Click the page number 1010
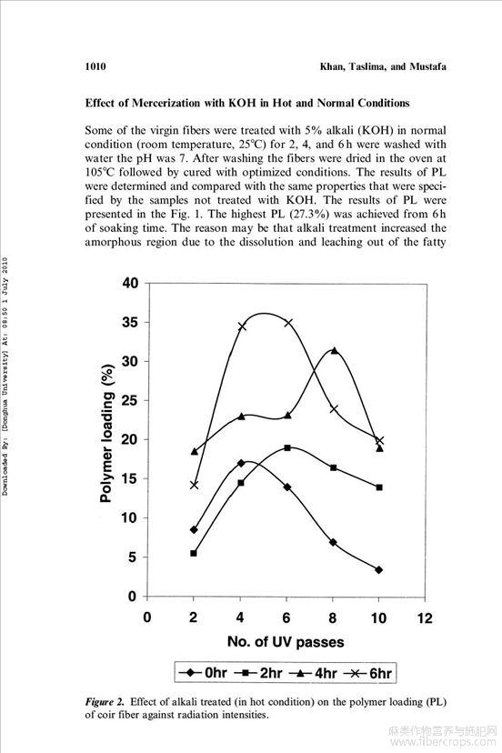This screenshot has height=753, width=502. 95,66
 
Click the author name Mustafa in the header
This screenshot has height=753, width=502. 427,66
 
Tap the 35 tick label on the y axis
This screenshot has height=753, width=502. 129,322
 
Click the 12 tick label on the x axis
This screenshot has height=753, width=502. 425,617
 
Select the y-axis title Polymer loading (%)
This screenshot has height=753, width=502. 107,433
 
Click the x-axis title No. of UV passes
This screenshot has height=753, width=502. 286,642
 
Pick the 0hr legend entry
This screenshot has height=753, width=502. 203,673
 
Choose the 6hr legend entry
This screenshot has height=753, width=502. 366,673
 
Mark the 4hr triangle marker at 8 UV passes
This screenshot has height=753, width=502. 334,350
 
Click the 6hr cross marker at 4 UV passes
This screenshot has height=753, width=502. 241,326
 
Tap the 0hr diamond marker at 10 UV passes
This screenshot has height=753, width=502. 379,569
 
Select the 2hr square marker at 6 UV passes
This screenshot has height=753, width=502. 287,447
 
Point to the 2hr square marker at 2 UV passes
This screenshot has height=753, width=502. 194,553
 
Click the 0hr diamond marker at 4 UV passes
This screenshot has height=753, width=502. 241,463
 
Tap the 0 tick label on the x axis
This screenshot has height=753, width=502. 147,617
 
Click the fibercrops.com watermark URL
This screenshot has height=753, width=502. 443,742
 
